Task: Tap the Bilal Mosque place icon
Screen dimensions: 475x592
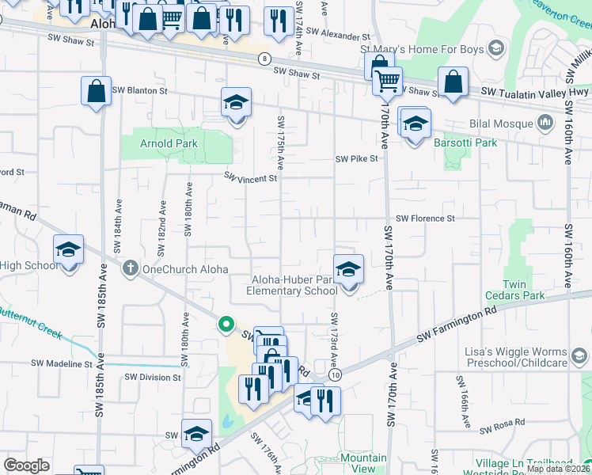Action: (545, 123)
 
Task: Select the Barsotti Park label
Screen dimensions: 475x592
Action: (465, 143)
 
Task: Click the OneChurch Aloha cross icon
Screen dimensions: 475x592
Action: (131, 269)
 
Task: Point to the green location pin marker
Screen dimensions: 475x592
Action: (226, 324)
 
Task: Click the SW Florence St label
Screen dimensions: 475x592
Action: (425, 218)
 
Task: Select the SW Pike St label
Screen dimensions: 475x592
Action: (357, 158)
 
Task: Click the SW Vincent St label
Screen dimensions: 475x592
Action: (250, 178)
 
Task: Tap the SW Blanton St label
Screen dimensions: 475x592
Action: (140, 91)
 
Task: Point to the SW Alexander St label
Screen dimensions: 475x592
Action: (337, 36)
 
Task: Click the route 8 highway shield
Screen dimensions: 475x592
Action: (264, 59)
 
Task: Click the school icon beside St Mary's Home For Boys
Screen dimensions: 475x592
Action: (495, 49)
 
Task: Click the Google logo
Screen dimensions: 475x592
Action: (26, 465)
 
